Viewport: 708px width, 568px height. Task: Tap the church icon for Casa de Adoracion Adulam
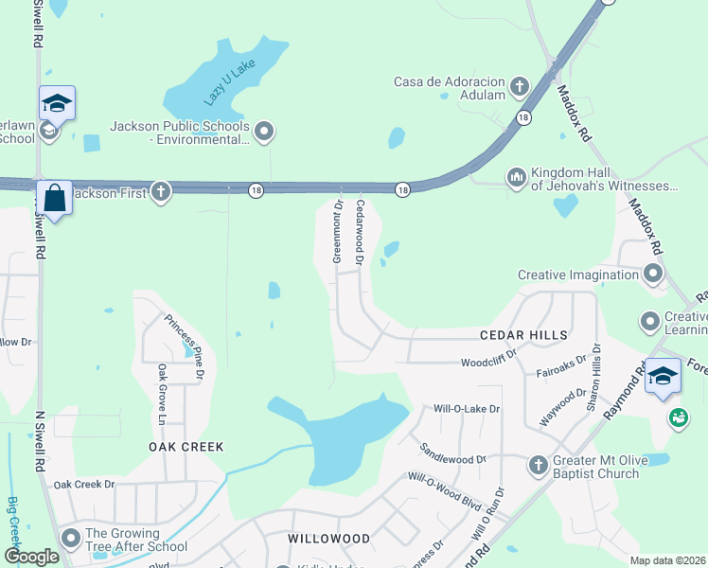point(519,87)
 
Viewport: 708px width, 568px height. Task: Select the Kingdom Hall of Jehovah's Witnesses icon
point(516,176)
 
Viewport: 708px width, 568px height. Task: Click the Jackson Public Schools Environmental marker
point(264,132)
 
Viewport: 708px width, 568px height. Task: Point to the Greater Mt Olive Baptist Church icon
point(538,465)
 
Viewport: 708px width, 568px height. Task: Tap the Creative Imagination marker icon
point(652,275)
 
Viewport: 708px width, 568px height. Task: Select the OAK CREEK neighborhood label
point(185,446)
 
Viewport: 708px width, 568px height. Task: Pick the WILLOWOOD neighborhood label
point(328,539)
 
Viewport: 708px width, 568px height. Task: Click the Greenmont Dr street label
point(337,231)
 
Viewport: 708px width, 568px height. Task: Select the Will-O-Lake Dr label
point(466,409)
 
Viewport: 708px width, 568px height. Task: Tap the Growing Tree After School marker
point(71,539)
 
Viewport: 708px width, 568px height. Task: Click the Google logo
point(31,557)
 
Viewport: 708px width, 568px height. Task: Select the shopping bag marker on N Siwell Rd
point(54,200)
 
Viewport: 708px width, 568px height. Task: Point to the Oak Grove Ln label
point(162,395)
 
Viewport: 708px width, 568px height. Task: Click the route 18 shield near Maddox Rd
point(523,116)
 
